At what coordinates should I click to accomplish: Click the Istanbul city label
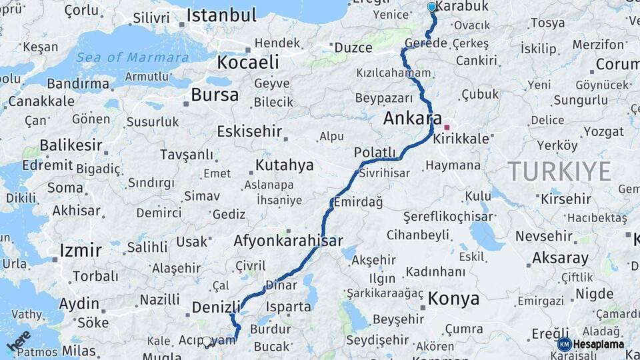(x=221, y=15)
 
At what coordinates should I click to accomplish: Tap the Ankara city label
(x=412, y=119)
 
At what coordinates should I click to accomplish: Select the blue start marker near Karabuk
(x=431, y=7)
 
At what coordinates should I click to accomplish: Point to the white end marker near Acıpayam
(x=207, y=342)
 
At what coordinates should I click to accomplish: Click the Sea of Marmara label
(x=132, y=57)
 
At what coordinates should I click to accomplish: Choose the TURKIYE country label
(x=559, y=171)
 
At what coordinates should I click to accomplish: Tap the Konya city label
(x=453, y=299)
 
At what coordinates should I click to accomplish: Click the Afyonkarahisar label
(x=289, y=241)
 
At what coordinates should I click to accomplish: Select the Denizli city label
(x=215, y=307)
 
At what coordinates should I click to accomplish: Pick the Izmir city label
(x=81, y=250)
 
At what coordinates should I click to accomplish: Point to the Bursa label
(x=215, y=95)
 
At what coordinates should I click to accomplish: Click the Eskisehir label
(x=249, y=131)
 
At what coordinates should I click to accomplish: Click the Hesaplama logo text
(x=599, y=345)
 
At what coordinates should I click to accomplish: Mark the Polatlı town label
(x=375, y=152)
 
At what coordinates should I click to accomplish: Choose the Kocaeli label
(x=247, y=62)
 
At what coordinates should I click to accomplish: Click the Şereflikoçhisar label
(x=448, y=216)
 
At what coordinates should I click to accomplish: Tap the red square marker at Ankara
(x=447, y=127)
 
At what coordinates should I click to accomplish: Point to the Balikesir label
(x=71, y=145)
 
